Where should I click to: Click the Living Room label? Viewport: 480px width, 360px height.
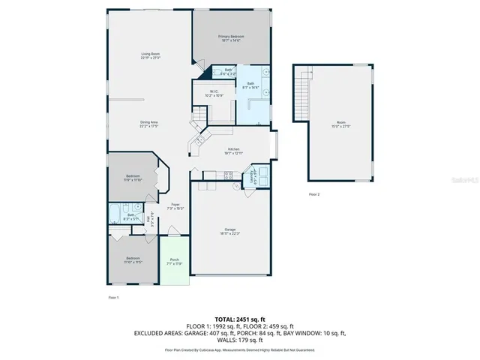[150, 55]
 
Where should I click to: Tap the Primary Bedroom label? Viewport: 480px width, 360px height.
[231, 38]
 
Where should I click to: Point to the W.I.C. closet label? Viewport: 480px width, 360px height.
[214, 94]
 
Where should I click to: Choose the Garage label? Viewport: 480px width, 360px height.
[230, 232]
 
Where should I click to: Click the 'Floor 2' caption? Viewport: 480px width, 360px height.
[313, 194]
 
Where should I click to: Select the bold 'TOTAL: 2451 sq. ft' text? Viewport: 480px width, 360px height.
[239, 319]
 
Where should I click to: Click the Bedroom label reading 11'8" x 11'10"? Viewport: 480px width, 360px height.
[132, 178]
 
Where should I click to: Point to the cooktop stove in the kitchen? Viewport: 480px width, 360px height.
[200, 140]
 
